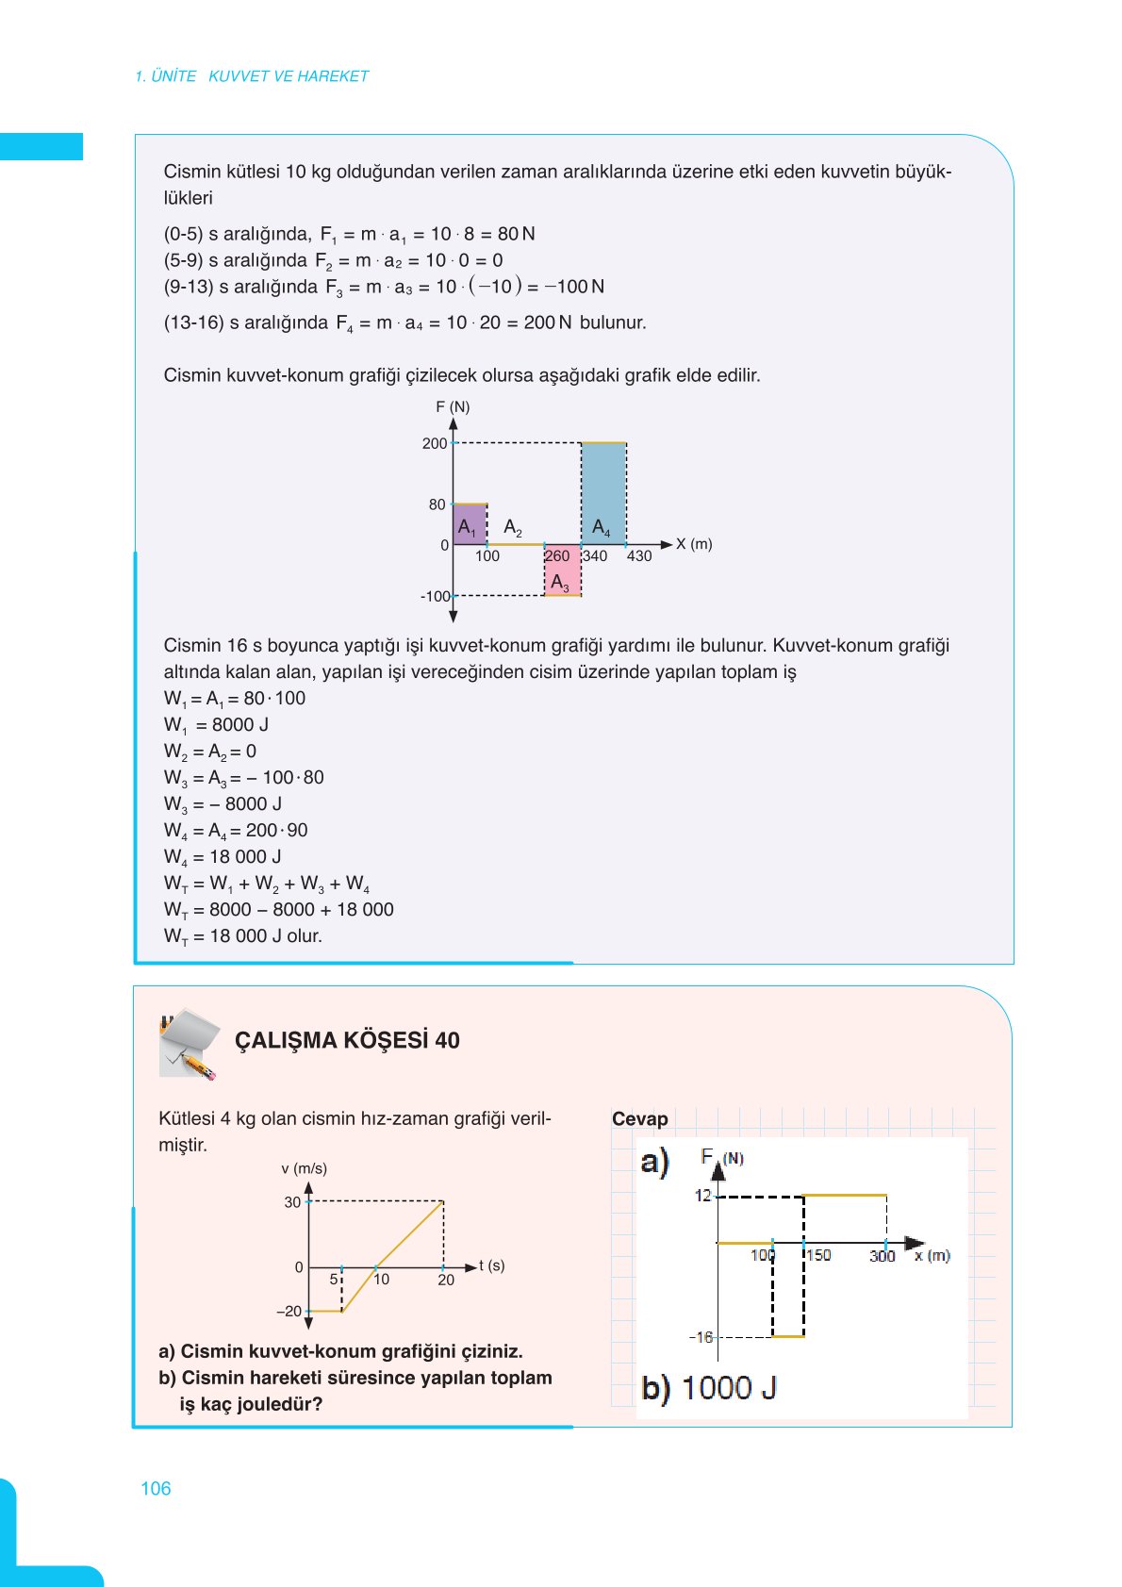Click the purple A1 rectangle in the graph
point(470,525)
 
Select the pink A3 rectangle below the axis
point(562,571)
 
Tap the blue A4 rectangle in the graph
point(603,493)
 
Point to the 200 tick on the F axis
point(435,443)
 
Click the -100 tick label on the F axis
point(435,596)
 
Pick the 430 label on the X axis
point(639,556)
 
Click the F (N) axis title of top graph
point(453,407)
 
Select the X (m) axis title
point(694,544)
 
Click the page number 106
point(156,1489)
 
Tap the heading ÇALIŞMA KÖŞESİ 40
point(347,1041)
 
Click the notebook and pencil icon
point(189,1044)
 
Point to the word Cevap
point(639,1119)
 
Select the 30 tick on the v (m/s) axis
point(292,1202)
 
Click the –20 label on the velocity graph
point(289,1312)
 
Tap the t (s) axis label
point(491,1265)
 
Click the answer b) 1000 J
point(709,1388)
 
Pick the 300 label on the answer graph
point(882,1256)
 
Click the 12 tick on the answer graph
point(703,1196)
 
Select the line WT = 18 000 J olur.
point(243,936)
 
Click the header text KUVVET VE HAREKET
point(289,76)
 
